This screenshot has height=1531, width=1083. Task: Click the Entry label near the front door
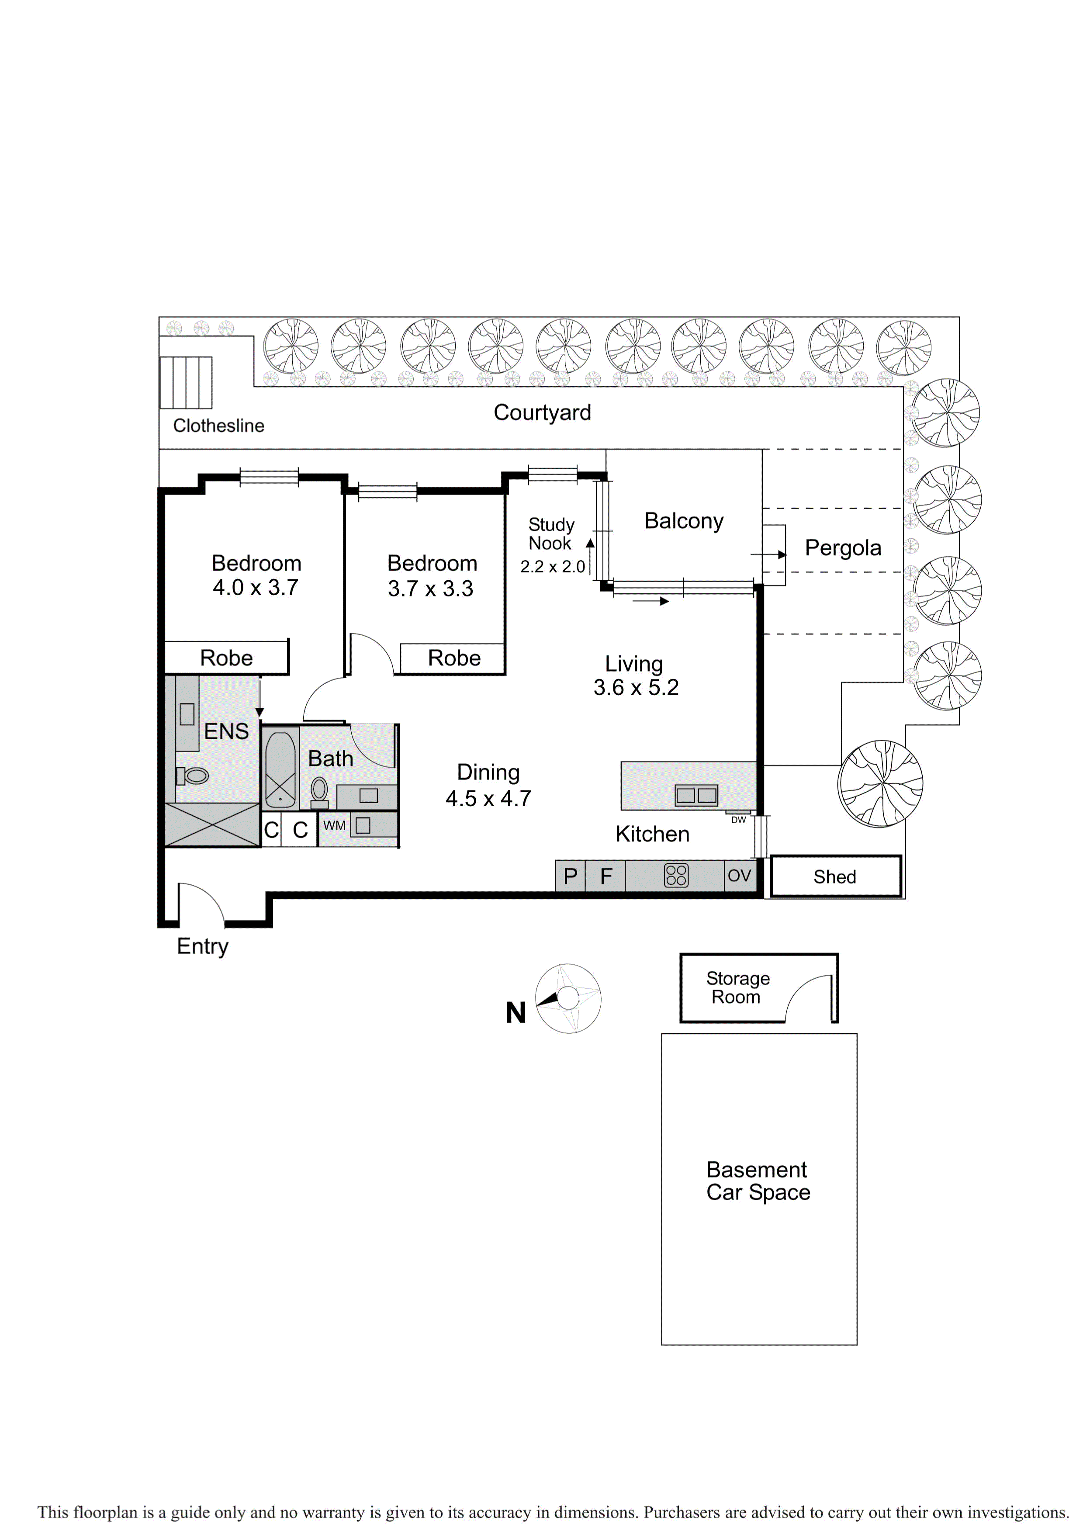pyautogui.click(x=202, y=947)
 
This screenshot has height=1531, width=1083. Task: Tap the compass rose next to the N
pyautogui.click(x=568, y=998)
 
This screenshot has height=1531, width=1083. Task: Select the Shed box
pyautogui.click(x=836, y=876)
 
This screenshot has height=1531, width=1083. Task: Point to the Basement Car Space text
pyautogui.click(x=758, y=1181)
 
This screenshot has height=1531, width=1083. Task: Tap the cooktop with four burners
pyautogui.click(x=676, y=876)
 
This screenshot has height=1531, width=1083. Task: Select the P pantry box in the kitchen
pyautogui.click(x=570, y=876)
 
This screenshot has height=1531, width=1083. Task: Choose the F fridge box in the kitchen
pyautogui.click(x=606, y=876)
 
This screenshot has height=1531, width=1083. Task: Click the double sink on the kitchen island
pyautogui.click(x=696, y=795)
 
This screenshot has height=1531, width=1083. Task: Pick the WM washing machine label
pyautogui.click(x=334, y=825)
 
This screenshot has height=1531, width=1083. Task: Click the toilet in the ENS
pyautogui.click(x=192, y=776)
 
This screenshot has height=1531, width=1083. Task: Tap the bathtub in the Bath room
pyautogui.click(x=281, y=770)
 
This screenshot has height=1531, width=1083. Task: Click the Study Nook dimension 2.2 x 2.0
pyautogui.click(x=552, y=567)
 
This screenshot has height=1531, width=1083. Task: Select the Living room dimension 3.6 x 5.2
pyautogui.click(x=636, y=687)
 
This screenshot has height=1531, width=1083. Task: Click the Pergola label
pyautogui.click(x=843, y=548)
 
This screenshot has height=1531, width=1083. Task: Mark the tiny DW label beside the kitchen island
pyautogui.click(x=738, y=820)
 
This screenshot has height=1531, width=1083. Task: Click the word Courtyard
pyautogui.click(x=542, y=413)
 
